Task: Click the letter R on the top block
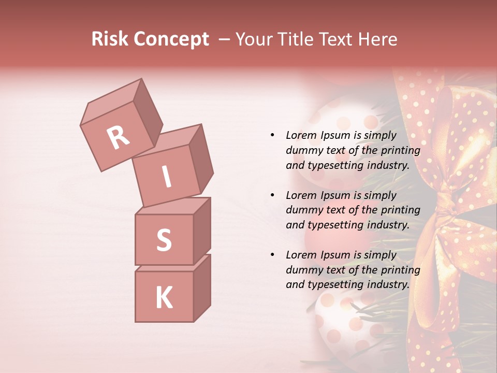[x=119, y=138]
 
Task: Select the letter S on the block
[x=164, y=240]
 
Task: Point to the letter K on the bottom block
[x=164, y=298]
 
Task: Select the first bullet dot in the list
[x=272, y=135]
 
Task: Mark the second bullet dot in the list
[x=272, y=195]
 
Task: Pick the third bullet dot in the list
[x=272, y=255]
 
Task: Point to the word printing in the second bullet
[x=400, y=210]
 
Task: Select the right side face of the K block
[x=202, y=288]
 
